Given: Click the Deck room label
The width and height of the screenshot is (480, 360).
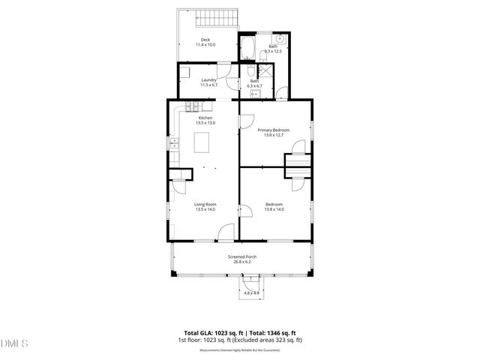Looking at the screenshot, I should pos(205,40).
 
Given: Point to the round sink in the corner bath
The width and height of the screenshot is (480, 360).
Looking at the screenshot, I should pos(280,37).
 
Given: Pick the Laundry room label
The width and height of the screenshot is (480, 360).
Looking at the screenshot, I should pos(208,80).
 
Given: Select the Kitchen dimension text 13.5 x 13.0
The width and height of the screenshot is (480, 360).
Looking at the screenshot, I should pos(205,122).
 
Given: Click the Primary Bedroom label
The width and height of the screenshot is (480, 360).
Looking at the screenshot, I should pos(273,130).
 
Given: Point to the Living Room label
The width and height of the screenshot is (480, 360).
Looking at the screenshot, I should pos(205,204).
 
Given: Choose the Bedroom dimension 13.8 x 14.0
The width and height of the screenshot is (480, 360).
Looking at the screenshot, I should pos(274,209).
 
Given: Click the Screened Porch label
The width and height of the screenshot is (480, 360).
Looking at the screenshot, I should pos(242,256).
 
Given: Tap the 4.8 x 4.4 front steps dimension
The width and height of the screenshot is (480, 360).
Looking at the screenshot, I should pos(251,292).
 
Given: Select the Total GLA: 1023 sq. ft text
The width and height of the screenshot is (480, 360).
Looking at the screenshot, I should pos(212,331).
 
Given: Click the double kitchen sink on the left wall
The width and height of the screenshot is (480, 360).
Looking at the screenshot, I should pos(173,144).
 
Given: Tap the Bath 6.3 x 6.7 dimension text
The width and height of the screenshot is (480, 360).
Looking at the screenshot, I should pos(254,86).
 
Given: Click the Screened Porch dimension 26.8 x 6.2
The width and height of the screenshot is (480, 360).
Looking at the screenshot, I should pos(242,262).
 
